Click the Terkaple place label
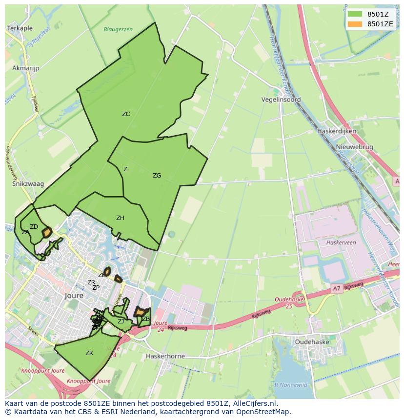pyautogui.click(x=20, y=29)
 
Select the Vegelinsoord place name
pyautogui.click(x=281, y=100)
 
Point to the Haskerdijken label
pyautogui.click(x=337, y=131)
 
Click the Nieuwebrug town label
pyautogui.click(x=354, y=147)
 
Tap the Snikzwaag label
pyautogui.click(x=28, y=184)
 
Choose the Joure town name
pyautogui.click(x=74, y=296)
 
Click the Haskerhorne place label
pyautogui.click(x=165, y=356)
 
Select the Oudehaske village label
pyautogui.click(x=312, y=342)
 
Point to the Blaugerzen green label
pyautogui.click(x=118, y=29)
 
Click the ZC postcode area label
pyautogui.click(x=126, y=114)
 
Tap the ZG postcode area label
pyautogui.click(x=157, y=176)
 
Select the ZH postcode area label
pyautogui.click(x=120, y=218)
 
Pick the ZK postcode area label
pyautogui.click(x=89, y=353)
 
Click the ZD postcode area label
pyautogui.click(x=34, y=227)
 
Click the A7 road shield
pyautogui.click(x=337, y=289)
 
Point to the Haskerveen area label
pyautogui.click(x=341, y=242)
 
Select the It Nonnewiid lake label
pyautogui.click(x=291, y=384)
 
